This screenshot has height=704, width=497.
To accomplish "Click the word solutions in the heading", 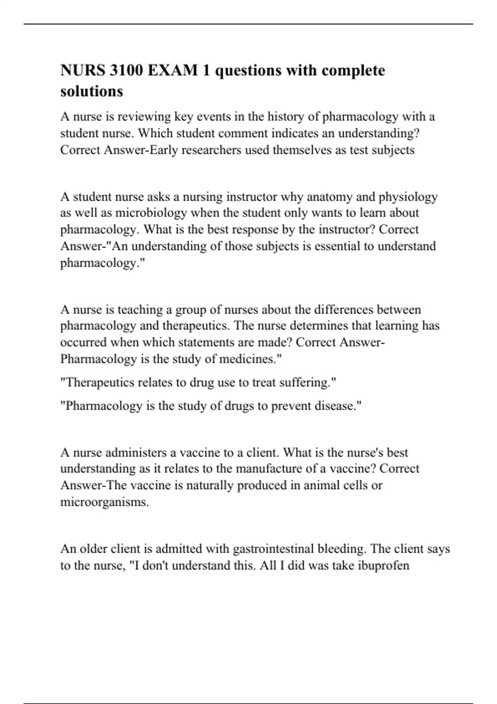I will pos(92,91).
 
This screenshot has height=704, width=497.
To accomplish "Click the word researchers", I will pos(212,150).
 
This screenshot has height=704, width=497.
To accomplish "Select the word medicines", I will pos(250,359).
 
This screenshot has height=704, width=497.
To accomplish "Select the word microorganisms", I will pos(104,502).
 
